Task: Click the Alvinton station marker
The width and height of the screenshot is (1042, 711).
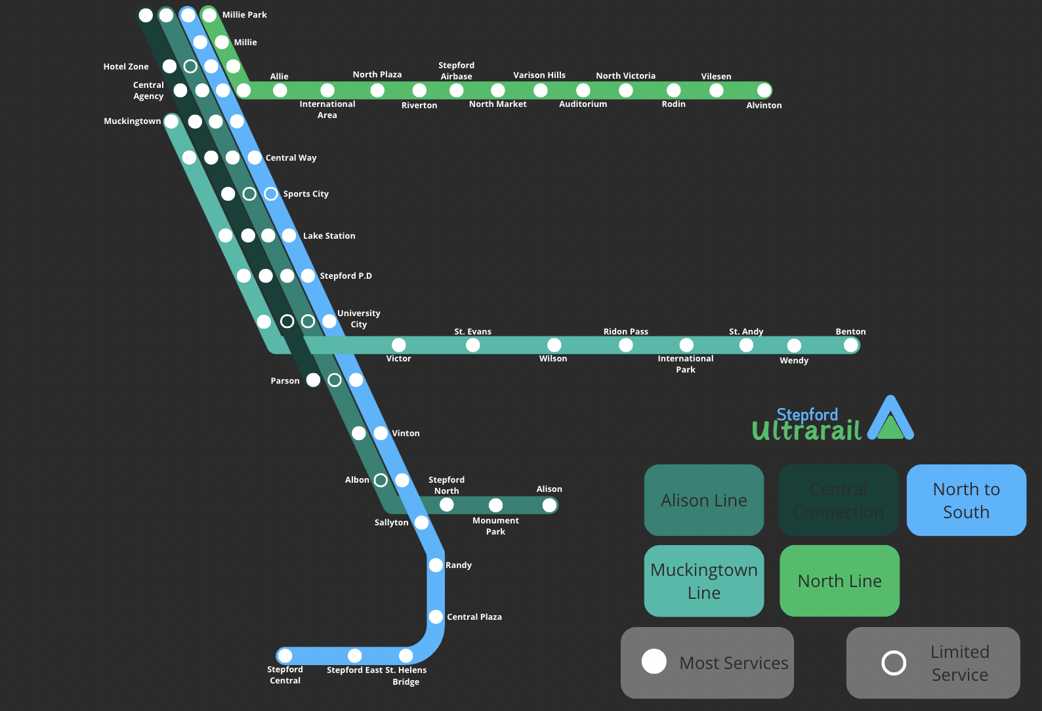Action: (x=764, y=90)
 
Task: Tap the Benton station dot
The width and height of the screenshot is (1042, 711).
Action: (x=850, y=345)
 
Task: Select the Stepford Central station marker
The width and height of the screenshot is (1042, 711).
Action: (x=285, y=655)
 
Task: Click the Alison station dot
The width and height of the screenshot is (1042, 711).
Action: (x=549, y=504)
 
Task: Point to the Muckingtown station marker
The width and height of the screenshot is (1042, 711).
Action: (x=171, y=121)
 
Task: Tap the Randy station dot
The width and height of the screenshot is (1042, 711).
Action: (x=436, y=565)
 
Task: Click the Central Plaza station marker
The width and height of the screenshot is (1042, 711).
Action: (x=436, y=617)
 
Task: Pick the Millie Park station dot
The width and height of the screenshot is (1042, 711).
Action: (x=209, y=14)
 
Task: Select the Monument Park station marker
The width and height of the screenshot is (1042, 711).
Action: (x=495, y=504)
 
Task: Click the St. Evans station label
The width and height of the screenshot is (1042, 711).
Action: (x=472, y=331)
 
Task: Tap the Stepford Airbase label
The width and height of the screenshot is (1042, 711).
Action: (x=456, y=71)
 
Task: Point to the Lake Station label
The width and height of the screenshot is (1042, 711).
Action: (x=329, y=235)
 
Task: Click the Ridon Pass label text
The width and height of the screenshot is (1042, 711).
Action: (x=625, y=331)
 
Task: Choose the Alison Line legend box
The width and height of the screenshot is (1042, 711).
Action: (x=703, y=500)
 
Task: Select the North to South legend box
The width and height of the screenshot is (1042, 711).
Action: (x=966, y=500)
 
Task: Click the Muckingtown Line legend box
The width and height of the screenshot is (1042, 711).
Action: (x=703, y=580)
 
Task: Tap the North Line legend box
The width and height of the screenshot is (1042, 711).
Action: (x=839, y=580)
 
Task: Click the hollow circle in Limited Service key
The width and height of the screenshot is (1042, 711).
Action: (x=894, y=662)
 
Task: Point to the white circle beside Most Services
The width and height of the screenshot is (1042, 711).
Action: (x=654, y=661)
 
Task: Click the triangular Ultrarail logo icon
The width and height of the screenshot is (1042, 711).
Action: (x=890, y=420)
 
